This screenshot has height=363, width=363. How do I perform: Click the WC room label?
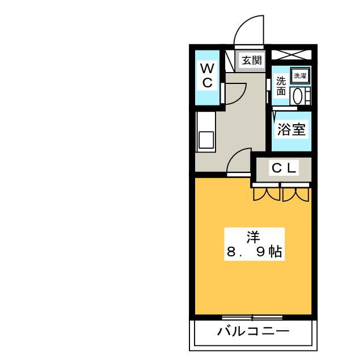coord(208,75)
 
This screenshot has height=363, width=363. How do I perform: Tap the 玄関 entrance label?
coord(252,61)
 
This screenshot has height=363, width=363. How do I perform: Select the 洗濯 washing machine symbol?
coord(300,75)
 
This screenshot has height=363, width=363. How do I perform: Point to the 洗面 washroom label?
coord(281,86)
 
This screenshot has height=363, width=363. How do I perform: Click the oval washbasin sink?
coord(297,96)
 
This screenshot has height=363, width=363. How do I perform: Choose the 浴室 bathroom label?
coord(292,129)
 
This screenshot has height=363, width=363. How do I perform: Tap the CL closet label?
coord(284,168)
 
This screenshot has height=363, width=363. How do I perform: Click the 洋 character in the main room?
coord(254,237)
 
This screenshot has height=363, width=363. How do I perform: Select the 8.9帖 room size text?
coord(254,252)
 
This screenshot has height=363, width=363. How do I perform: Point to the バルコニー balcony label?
coord(254,331)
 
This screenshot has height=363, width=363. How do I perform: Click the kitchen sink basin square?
coord(206,140)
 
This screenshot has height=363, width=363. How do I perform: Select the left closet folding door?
coord(267,194)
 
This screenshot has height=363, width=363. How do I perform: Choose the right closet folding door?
coord(296,195)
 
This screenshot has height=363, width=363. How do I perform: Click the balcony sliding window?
coord(252,317)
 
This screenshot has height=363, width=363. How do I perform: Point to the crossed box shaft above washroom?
coord(292,55)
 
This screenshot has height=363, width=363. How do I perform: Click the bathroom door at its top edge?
coord(285,108)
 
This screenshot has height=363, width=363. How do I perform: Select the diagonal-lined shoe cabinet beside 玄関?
coord(230,61)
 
